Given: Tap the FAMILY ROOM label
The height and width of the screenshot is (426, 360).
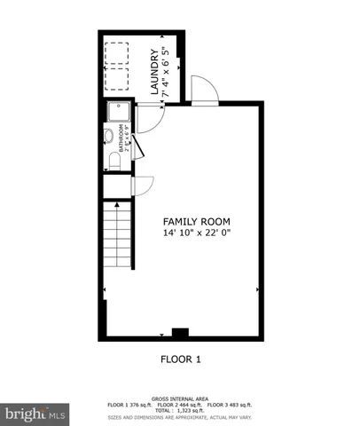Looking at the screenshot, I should (197, 220).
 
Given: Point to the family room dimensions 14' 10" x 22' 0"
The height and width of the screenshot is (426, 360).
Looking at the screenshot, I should (197, 233).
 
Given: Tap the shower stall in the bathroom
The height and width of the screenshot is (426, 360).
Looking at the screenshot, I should (118, 113).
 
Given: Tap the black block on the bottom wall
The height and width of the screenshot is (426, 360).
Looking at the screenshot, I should (180, 334).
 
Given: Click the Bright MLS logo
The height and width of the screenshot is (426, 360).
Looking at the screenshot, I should (35, 414).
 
